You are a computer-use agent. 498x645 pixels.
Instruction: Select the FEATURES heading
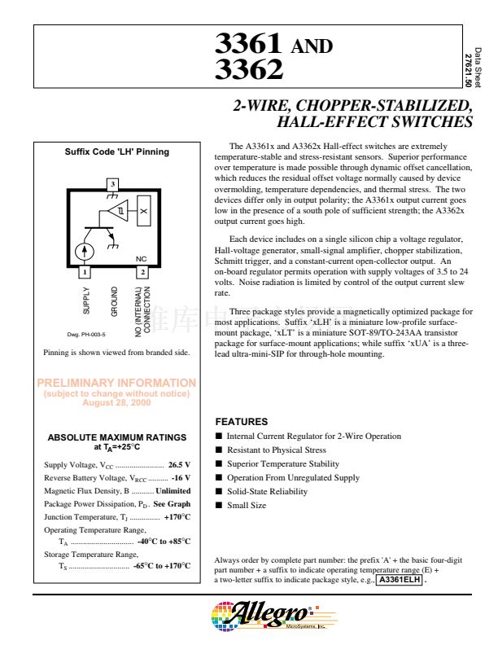(x=241, y=422)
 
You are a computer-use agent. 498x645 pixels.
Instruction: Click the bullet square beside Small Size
(x=218, y=506)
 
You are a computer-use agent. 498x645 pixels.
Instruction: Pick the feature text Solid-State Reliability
(x=267, y=492)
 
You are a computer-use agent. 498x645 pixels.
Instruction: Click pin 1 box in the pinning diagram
(x=85, y=271)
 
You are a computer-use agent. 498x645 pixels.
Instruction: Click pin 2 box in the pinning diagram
(x=142, y=271)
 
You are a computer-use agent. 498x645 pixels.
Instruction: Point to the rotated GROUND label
(x=115, y=302)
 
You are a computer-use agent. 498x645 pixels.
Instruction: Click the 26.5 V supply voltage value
(x=179, y=465)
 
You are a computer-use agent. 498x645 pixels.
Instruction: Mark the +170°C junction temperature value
(x=177, y=517)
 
